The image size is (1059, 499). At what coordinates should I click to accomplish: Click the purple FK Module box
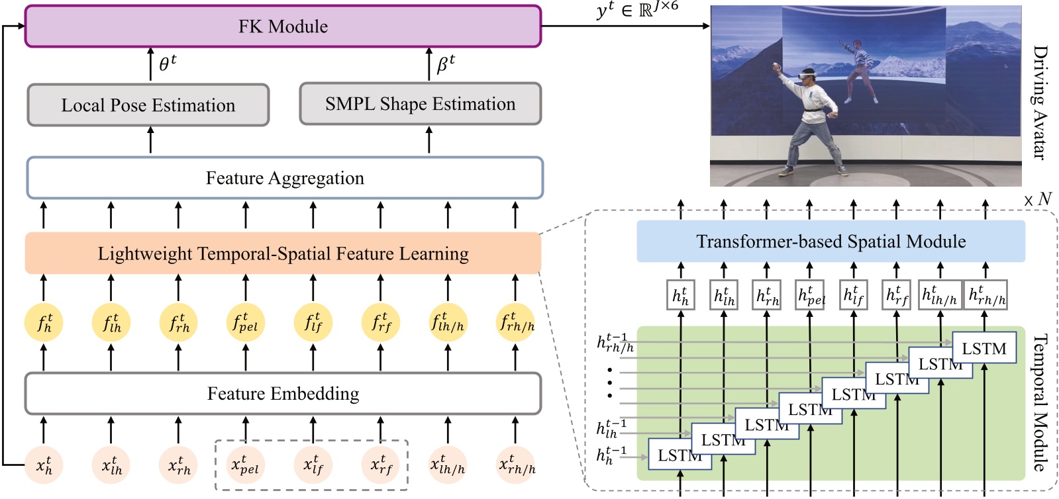tap(283, 26)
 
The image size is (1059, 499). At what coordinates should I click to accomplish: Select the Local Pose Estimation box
tap(148, 105)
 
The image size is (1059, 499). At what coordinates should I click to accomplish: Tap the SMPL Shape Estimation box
tap(420, 104)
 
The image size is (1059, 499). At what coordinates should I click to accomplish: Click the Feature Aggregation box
tap(285, 178)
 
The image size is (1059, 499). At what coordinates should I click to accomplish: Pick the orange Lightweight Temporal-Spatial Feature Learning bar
tap(283, 253)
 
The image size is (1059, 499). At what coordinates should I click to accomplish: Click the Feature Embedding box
tap(283, 394)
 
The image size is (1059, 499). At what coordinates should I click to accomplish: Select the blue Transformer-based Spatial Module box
tap(831, 242)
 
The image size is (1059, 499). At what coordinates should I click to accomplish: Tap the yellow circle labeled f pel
tap(246, 323)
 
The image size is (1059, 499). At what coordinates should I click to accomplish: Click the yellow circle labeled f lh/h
tap(448, 323)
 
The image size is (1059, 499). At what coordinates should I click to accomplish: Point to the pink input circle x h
tap(44, 465)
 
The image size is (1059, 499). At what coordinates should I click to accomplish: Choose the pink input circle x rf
tap(381, 465)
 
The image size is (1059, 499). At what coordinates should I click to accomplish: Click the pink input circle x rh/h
tap(517, 465)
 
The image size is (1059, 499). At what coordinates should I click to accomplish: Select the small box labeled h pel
tap(811, 295)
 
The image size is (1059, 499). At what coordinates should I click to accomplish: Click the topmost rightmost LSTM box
tap(983, 348)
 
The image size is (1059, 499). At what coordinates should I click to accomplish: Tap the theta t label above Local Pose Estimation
tap(168, 64)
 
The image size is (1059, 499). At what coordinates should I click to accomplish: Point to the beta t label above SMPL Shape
tap(445, 64)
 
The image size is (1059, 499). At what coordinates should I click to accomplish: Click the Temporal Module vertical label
tap(1040, 402)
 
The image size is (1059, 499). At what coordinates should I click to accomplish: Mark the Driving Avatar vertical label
tap(1040, 102)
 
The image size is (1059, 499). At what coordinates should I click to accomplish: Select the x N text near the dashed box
tap(1038, 199)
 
